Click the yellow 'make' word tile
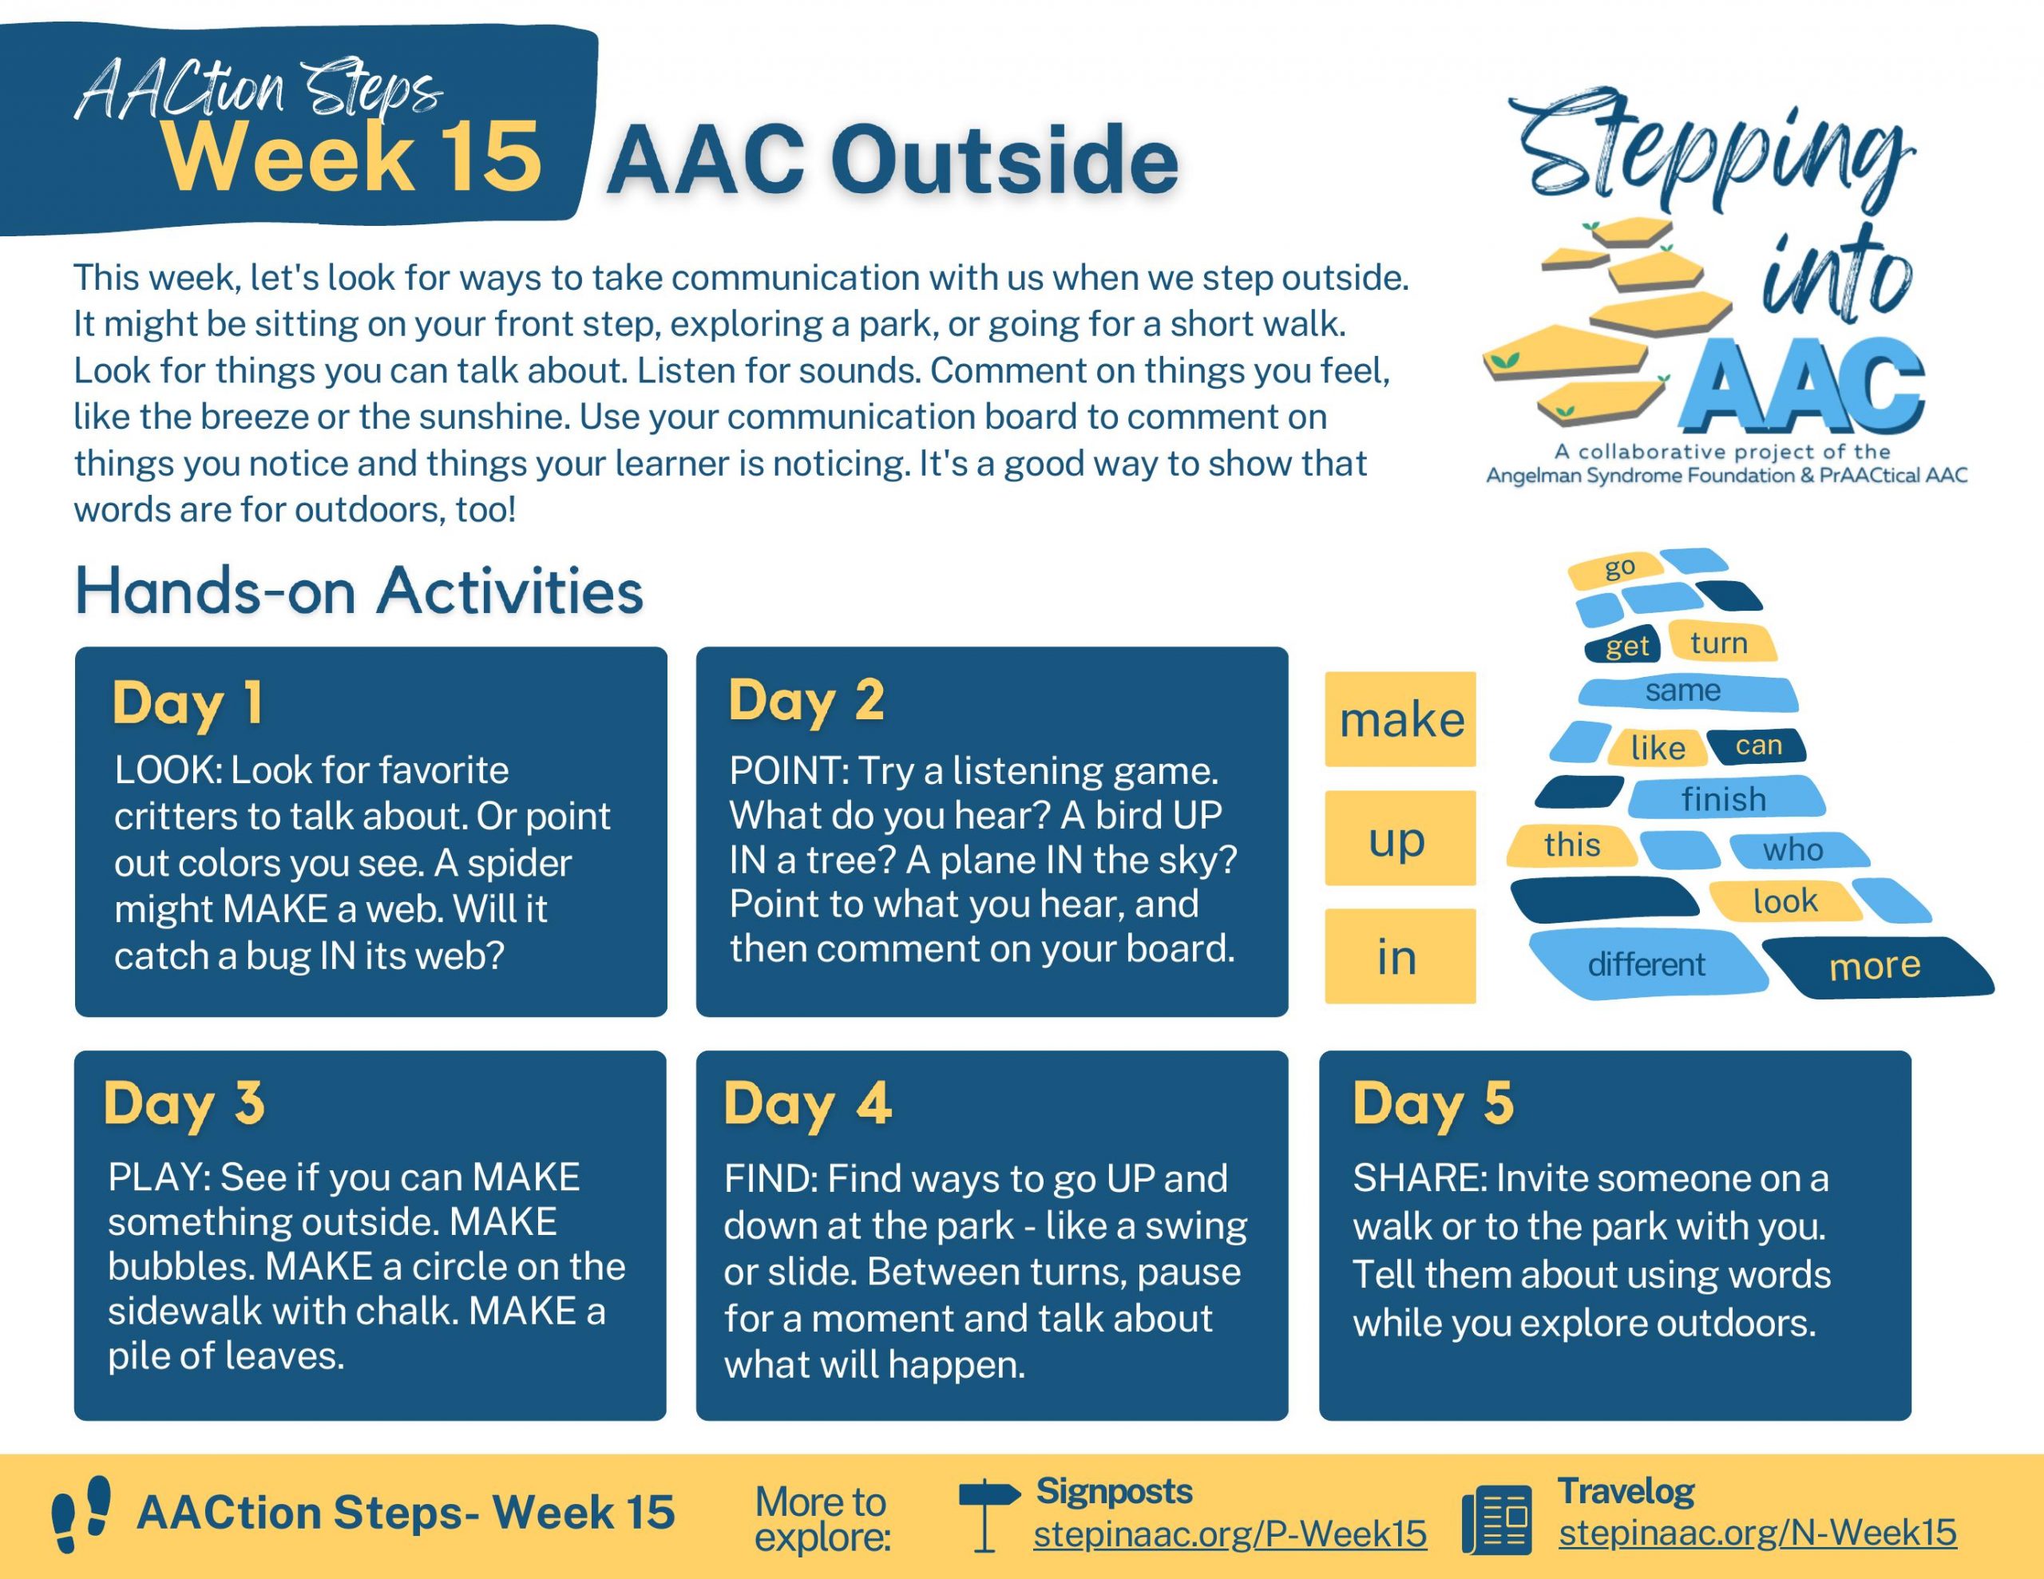coord(1400,718)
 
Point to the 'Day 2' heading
coord(806,700)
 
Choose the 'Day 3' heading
coord(184,1102)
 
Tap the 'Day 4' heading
coord(806,1102)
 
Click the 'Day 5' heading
coord(1432,1102)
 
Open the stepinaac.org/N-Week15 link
coord(1757,1532)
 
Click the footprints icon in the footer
coord(81,1514)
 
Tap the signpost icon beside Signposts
coord(986,1514)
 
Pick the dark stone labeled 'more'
coord(1875,965)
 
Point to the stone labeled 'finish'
coord(1724,799)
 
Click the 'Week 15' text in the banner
coord(352,156)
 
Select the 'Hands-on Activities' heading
coord(358,591)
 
